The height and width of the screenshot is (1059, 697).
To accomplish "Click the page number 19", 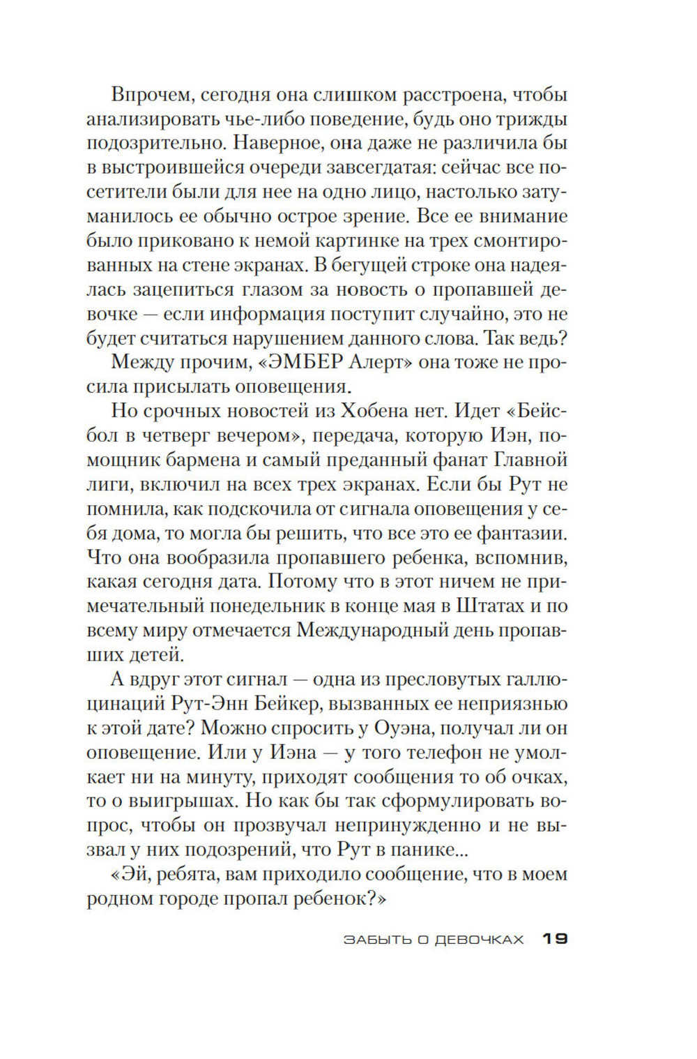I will (556, 939).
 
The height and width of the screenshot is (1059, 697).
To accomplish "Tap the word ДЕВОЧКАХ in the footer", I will (480, 940).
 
